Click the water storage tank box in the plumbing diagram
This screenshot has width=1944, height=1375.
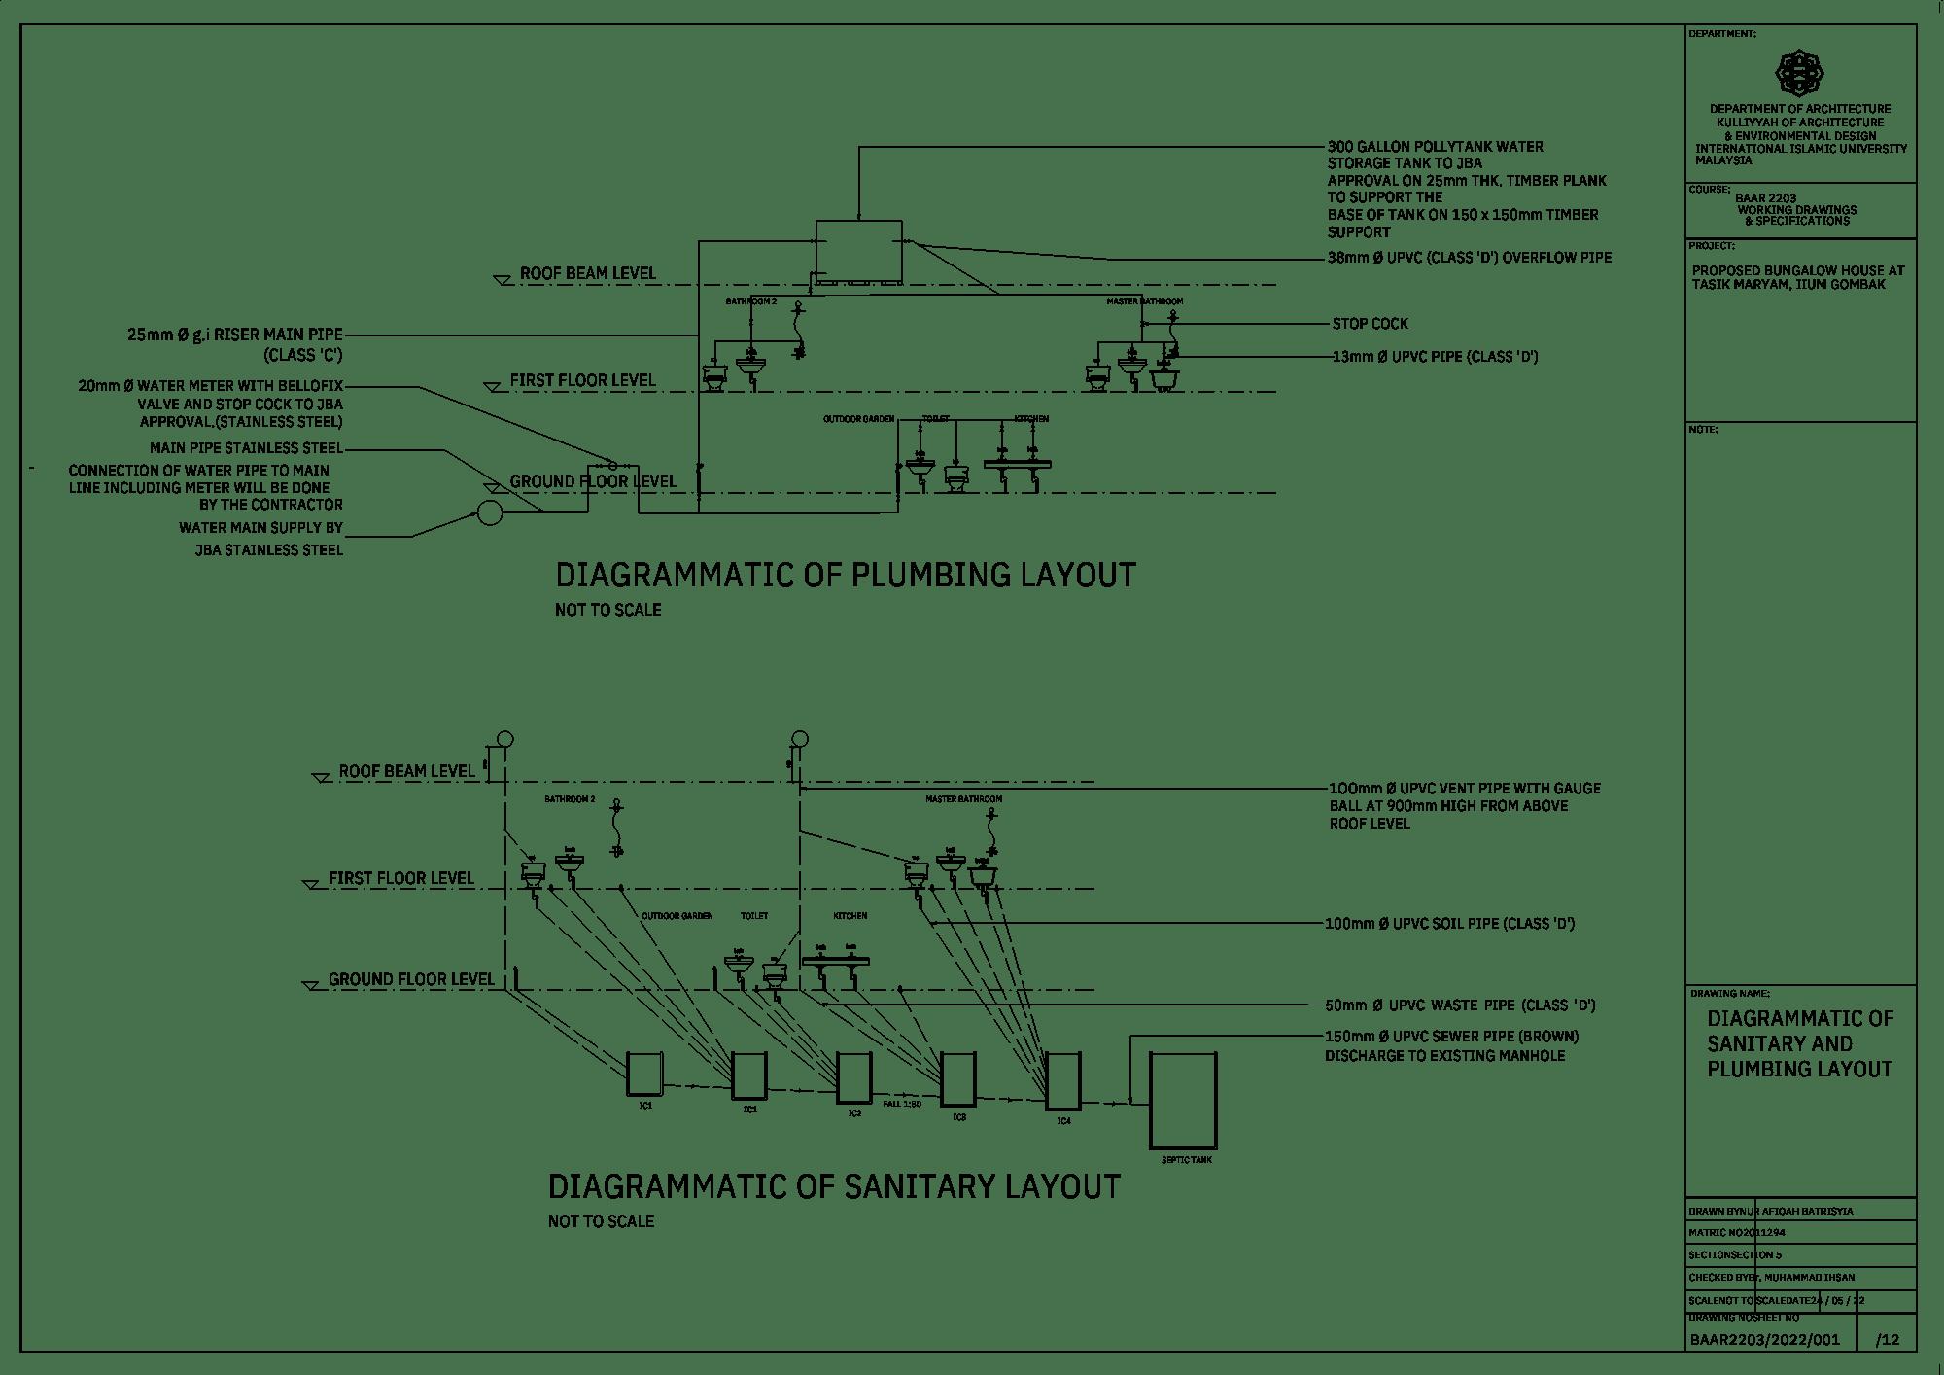pyautogui.click(x=858, y=250)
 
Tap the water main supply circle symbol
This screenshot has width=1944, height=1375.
pyautogui.click(x=490, y=512)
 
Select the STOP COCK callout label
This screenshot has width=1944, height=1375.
pyautogui.click(x=1370, y=324)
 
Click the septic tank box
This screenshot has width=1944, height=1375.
pyautogui.click(x=1183, y=1101)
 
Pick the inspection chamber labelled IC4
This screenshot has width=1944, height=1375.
pyautogui.click(x=1062, y=1081)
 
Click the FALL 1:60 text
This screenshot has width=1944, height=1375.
pyautogui.click(x=901, y=1105)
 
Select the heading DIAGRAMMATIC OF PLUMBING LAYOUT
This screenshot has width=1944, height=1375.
pyautogui.click(x=845, y=575)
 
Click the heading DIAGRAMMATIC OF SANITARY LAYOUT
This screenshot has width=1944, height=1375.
pyautogui.click(x=834, y=1187)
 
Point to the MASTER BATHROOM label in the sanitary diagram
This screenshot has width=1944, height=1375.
pyautogui.click(x=963, y=799)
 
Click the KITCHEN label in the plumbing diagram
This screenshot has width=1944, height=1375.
pyautogui.click(x=1031, y=419)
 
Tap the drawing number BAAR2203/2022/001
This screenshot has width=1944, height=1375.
pyautogui.click(x=1764, y=1340)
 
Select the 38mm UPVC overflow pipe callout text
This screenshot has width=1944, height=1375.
pyautogui.click(x=1470, y=259)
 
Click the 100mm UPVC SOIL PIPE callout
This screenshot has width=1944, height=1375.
pyautogui.click(x=1449, y=923)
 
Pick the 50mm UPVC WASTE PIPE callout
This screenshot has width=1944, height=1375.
pyautogui.click(x=1459, y=1005)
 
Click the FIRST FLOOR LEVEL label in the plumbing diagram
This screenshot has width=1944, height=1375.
pyautogui.click(x=582, y=380)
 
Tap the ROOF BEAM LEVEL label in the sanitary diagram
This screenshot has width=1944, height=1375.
pyautogui.click(x=406, y=772)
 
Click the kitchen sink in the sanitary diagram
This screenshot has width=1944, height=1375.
pyautogui.click(x=836, y=964)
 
